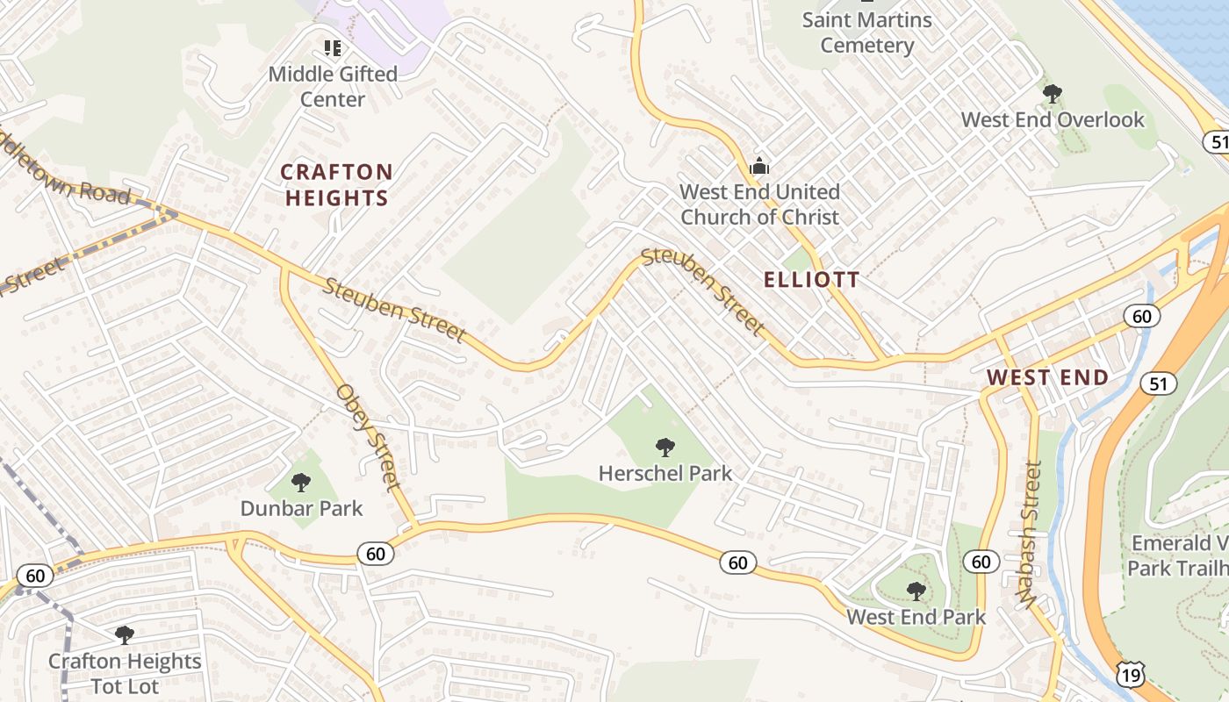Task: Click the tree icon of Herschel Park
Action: point(665,448)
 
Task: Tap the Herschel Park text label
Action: point(665,474)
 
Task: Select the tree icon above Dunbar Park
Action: point(301,482)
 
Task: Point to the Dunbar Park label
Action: point(301,508)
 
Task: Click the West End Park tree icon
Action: point(916,591)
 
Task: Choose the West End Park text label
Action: point(916,617)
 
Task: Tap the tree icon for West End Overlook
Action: point(1052,93)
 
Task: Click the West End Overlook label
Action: point(1053,119)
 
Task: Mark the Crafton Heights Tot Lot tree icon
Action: point(125,634)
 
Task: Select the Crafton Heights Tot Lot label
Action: point(125,673)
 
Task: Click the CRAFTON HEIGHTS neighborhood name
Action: point(336,184)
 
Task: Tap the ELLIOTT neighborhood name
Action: point(811,280)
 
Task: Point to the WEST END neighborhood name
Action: point(1047,377)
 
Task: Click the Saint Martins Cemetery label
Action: point(866,32)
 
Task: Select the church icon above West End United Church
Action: point(759,166)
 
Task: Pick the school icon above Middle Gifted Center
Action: point(333,47)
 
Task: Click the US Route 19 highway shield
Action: point(1131,674)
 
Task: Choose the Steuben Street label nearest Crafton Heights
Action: point(394,310)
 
